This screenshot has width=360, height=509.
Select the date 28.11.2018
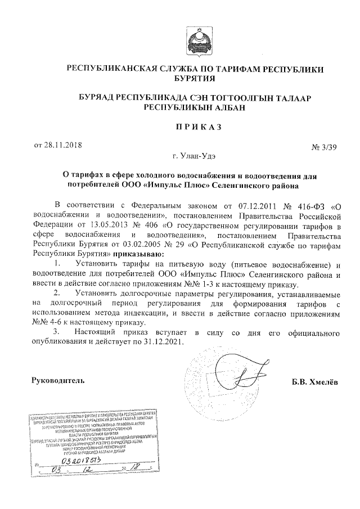tap(64, 145)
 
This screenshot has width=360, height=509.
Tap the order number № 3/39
tap(323, 147)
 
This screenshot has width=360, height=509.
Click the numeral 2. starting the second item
tap(57, 294)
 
